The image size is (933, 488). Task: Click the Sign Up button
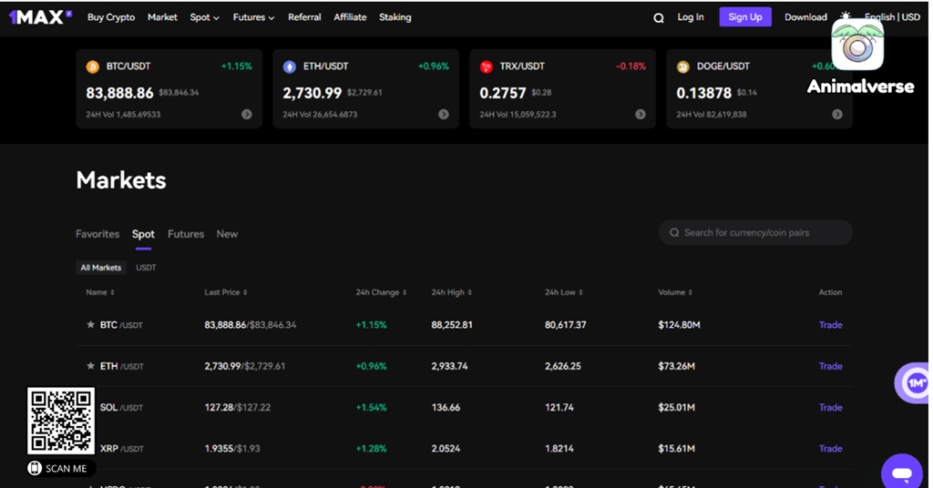click(x=744, y=17)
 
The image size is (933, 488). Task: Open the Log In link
click(x=691, y=17)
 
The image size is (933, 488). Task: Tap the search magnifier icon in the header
click(x=659, y=18)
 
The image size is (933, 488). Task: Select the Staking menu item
click(x=395, y=17)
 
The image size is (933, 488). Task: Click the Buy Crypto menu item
click(x=111, y=17)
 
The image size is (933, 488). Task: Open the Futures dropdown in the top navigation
click(x=253, y=17)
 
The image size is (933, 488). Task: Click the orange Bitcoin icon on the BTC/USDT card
click(x=92, y=66)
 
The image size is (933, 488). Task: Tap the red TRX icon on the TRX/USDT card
click(x=486, y=66)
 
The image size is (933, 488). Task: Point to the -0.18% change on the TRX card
click(x=631, y=66)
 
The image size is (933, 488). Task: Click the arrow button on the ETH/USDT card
click(x=444, y=115)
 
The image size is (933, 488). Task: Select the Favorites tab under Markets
click(x=97, y=234)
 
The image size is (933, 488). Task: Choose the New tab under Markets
click(x=227, y=234)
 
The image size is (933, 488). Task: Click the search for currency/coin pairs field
click(x=755, y=233)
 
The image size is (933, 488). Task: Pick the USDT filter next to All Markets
click(x=146, y=268)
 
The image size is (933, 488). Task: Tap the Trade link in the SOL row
click(x=830, y=407)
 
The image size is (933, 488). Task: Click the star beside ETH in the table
click(x=90, y=366)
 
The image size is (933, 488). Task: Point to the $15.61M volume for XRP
click(x=676, y=449)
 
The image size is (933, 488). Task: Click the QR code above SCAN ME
click(x=61, y=421)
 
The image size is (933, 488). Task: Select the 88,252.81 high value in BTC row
click(x=452, y=325)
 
